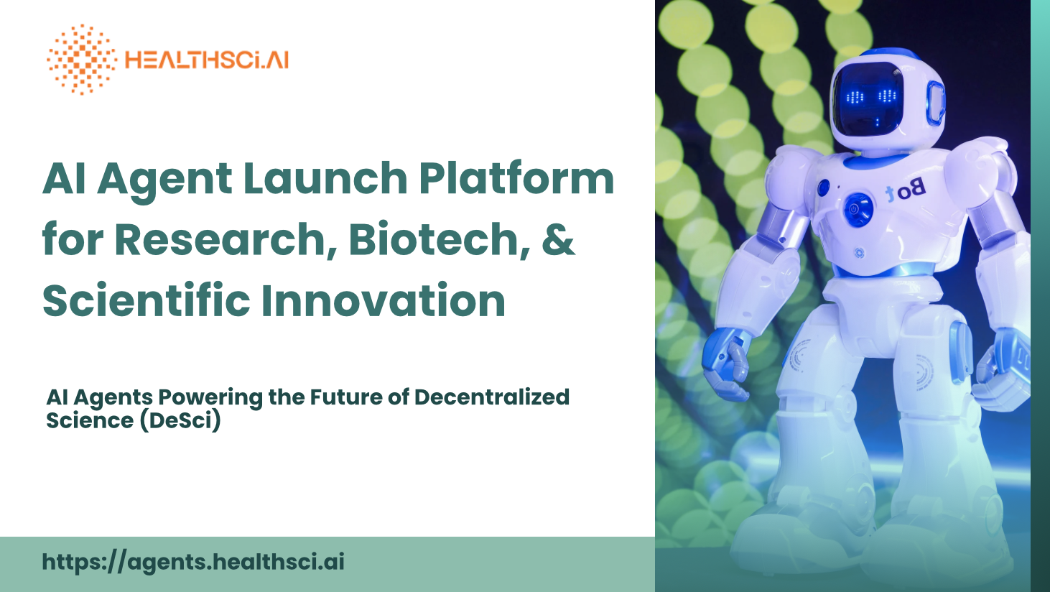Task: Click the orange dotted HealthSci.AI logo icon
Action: [x=82, y=60]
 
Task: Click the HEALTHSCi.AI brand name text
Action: [x=207, y=60]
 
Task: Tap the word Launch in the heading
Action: [x=325, y=178]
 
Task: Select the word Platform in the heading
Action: [x=516, y=178]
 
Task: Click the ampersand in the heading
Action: [x=558, y=239]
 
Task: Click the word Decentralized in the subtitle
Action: [x=492, y=397]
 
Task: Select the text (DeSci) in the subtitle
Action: [x=180, y=420]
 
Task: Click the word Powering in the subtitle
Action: [x=210, y=398]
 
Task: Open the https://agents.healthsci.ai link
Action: [x=193, y=562]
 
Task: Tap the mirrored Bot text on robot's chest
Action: [x=905, y=190]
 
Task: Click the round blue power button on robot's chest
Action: [x=858, y=209]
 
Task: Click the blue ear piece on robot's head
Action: [x=936, y=103]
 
